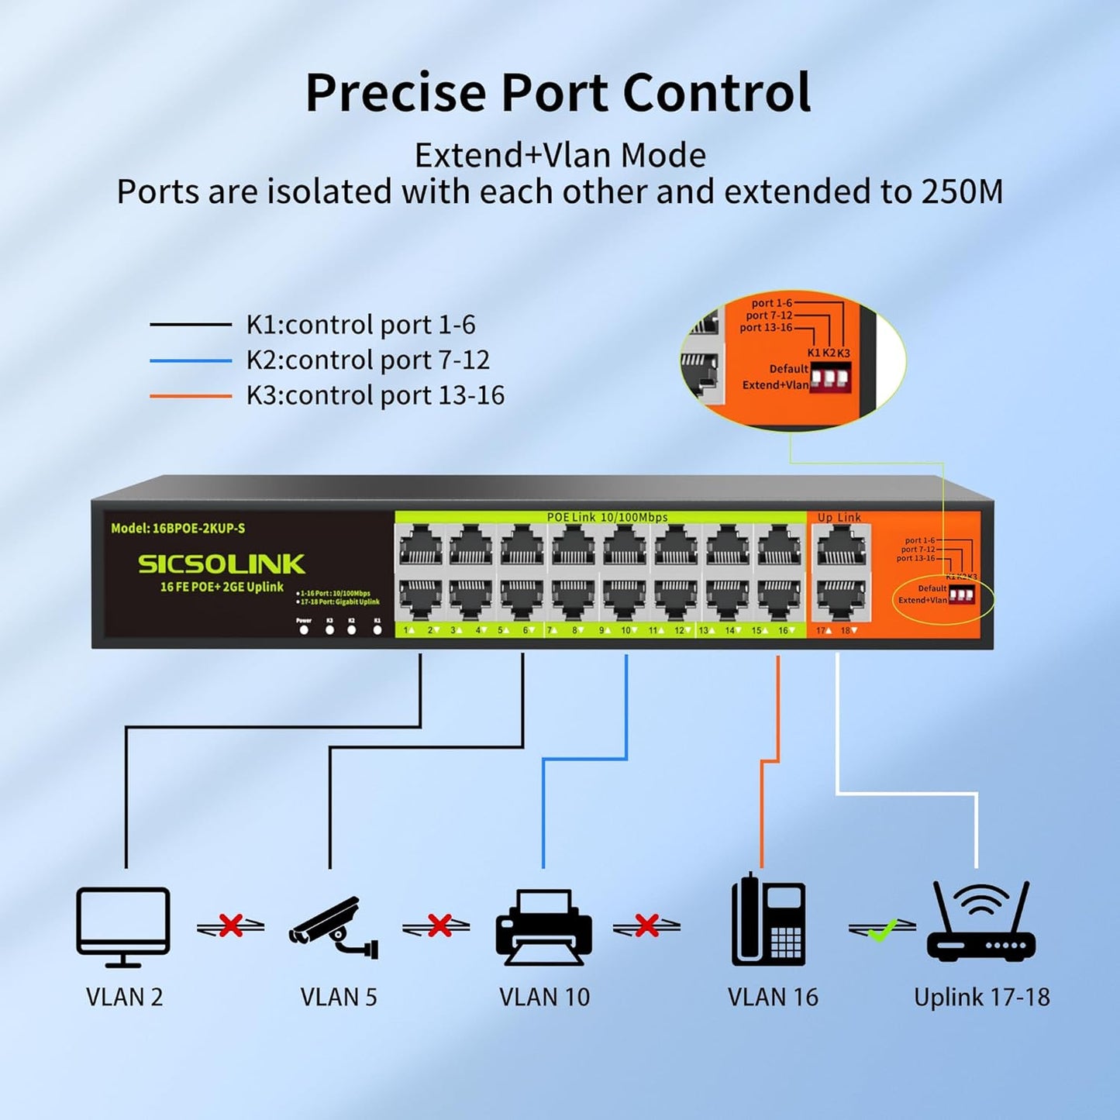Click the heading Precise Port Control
[x=558, y=93]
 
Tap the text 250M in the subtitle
[x=962, y=191]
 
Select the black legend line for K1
[x=191, y=325]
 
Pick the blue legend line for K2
[x=191, y=360]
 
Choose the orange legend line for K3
[x=191, y=396]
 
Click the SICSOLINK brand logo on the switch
[x=222, y=564]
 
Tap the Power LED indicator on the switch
[x=304, y=629]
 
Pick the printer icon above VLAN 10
[x=543, y=927]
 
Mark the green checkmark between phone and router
[x=882, y=928]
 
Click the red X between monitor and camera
[x=230, y=925]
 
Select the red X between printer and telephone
[x=646, y=925]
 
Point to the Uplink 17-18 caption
[x=981, y=997]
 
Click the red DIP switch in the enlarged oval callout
[x=830, y=378]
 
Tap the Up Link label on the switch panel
[x=839, y=518]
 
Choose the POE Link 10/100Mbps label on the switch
[x=607, y=518]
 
